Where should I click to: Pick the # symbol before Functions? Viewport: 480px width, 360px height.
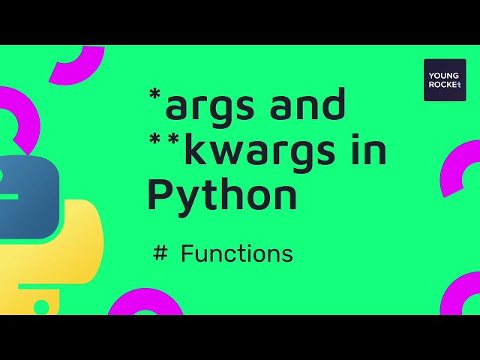[160, 253]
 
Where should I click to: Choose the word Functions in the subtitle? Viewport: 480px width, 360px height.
[236, 253]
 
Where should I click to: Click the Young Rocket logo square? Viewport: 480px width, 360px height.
[444, 79]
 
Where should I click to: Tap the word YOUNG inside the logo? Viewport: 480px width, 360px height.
[444, 74]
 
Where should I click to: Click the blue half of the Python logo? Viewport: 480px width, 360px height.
[26, 191]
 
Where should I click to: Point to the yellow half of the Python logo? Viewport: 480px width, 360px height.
[71, 247]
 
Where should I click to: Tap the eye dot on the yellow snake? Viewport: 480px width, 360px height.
[41, 306]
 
